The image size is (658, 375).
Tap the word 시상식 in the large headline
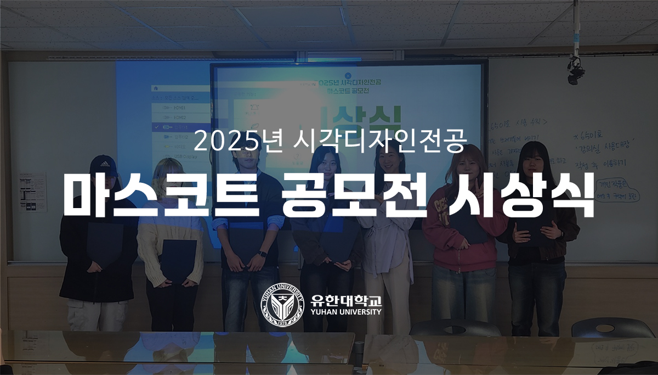(519, 195)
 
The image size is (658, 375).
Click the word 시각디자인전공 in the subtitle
(378, 142)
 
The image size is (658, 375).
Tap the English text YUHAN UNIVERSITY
(345, 312)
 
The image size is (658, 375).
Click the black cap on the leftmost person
(103, 163)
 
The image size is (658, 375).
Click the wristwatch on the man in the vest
(263, 254)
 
